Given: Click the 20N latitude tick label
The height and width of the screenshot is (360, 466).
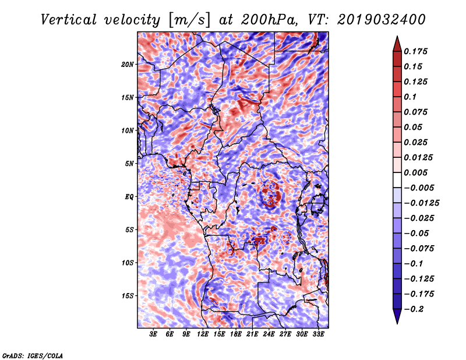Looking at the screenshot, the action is pyautogui.click(x=128, y=65).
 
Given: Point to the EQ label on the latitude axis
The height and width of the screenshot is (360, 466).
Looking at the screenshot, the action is pyautogui.click(x=129, y=197).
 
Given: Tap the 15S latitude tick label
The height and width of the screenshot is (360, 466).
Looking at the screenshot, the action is pyautogui.click(x=128, y=296).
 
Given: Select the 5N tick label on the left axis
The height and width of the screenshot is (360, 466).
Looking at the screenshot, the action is pyautogui.click(x=129, y=164).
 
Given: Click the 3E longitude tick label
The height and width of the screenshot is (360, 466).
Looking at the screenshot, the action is pyautogui.click(x=153, y=334).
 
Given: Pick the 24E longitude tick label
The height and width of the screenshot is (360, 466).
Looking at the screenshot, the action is pyautogui.click(x=269, y=334).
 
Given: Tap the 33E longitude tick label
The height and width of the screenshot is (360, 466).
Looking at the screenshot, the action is pyautogui.click(x=318, y=334).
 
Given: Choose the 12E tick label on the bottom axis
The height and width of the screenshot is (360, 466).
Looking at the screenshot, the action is pyautogui.click(x=203, y=334).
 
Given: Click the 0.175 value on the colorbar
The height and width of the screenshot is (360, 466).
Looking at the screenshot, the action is pyautogui.click(x=415, y=51).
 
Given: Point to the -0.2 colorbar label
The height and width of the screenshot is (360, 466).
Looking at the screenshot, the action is pyautogui.click(x=414, y=309).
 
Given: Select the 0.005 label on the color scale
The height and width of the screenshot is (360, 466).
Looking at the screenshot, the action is pyautogui.click(x=415, y=172).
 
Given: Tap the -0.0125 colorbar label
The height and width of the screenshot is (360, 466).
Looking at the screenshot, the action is pyautogui.click(x=421, y=203).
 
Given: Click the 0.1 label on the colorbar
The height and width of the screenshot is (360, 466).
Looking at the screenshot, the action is pyautogui.click(x=410, y=97).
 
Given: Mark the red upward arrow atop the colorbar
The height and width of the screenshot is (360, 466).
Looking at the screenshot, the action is pyautogui.click(x=397, y=44).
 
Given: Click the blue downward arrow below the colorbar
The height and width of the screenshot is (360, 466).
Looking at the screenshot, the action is pyautogui.click(x=397, y=316).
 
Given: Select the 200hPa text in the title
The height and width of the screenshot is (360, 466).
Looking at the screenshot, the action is pyautogui.click(x=269, y=20).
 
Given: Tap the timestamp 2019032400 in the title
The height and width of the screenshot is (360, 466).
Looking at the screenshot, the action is pyautogui.click(x=382, y=20).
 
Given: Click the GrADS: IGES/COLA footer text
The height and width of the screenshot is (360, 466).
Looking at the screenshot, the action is pyautogui.click(x=32, y=355).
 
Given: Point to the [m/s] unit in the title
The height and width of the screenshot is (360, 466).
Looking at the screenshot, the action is pyautogui.click(x=189, y=20).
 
